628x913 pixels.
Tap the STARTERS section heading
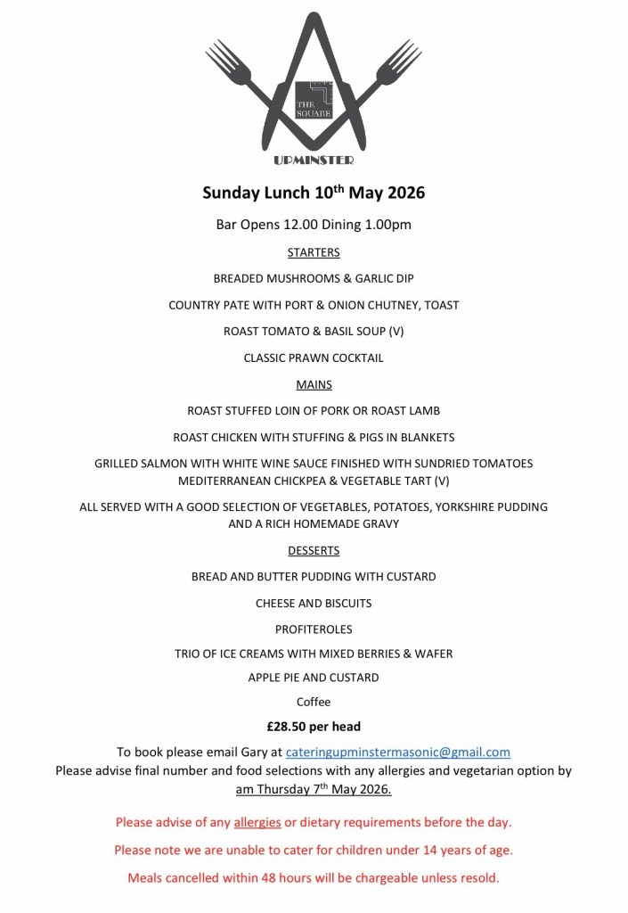pyautogui.click(x=314, y=252)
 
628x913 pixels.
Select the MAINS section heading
pyautogui.click(x=314, y=384)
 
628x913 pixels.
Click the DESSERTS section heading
pyautogui.click(x=314, y=550)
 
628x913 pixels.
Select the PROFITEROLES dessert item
pyautogui.click(x=314, y=629)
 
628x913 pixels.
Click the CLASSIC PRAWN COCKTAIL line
pyautogui.click(x=314, y=358)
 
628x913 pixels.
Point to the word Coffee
pyautogui.click(x=314, y=702)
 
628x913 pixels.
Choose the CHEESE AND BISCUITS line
pyautogui.click(x=314, y=603)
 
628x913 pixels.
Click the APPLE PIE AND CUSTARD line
pyautogui.click(x=314, y=677)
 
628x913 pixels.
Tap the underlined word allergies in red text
pyautogui.click(x=257, y=821)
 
